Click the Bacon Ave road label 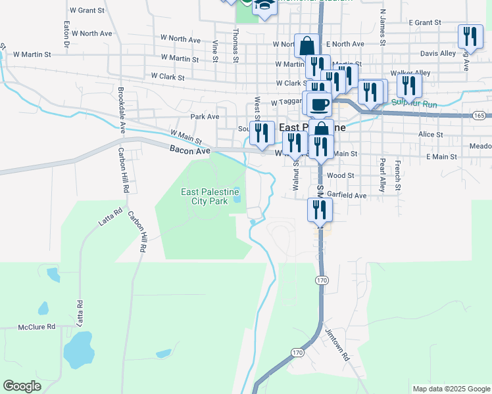tap(189, 151)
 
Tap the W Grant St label tap(87, 11)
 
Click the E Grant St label tap(424, 22)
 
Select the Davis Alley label tap(437, 53)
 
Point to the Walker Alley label tap(410, 73)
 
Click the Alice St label tap(431, 134)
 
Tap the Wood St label tap(340, 176)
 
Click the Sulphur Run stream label tap(414, 102)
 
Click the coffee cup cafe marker tap(319, 104)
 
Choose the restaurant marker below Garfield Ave tap(320, 210)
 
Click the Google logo tap(22, 386)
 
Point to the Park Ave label tap(204, 117)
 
